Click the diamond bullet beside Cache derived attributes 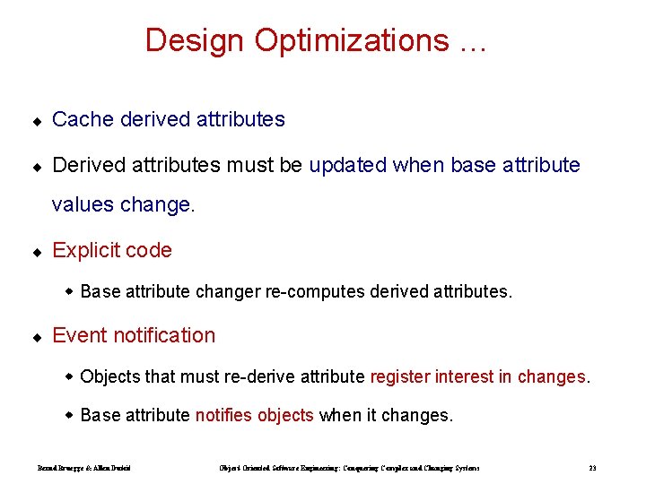pyautogui.click(x=37, y=120)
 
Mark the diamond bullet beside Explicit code pyautogui.click(x=37, y=252)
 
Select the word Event pyautogui.click(x=78, y=335)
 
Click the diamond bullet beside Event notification pyautogui.click(x=37, y=337)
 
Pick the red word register pyautogui.click(x=400, y=376)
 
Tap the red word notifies pyautogui.click(x=224, y=415)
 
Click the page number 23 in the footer pyautogui.click(x=592, y=468)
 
